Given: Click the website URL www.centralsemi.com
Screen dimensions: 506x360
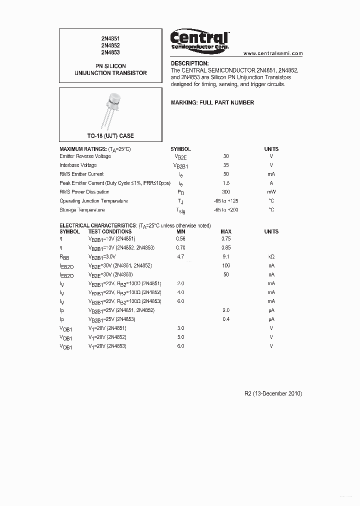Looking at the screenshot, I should [273, 53].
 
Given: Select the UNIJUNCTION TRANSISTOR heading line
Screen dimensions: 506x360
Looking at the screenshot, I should [110, 73].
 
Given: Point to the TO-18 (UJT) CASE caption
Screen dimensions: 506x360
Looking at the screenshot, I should [110, 136].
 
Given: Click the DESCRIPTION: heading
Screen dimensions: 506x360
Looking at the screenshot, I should [189, 63].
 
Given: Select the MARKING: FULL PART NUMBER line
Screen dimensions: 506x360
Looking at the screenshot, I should [212, 102].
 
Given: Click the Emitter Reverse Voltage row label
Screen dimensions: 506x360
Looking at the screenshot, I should [85, 156].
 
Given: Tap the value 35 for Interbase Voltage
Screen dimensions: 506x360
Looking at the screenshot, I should [226, 165].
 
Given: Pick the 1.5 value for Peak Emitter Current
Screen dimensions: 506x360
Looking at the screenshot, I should [226, 183].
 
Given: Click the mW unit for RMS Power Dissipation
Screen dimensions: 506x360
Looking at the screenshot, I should [271, 192].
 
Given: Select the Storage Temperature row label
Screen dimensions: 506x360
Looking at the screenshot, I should [82, 210].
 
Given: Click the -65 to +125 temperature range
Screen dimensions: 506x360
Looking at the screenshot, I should [226, 201].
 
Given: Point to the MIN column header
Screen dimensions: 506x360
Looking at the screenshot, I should [180, 231].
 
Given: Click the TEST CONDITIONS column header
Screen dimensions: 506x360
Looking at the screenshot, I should [110, 231].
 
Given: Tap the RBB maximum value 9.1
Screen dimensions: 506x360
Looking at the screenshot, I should [226, 256].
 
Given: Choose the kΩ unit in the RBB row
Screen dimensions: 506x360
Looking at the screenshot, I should [271, 256].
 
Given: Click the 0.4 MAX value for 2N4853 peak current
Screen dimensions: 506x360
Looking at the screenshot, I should [226, 319].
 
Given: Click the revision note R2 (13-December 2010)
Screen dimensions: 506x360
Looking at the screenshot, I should [272, 393].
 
